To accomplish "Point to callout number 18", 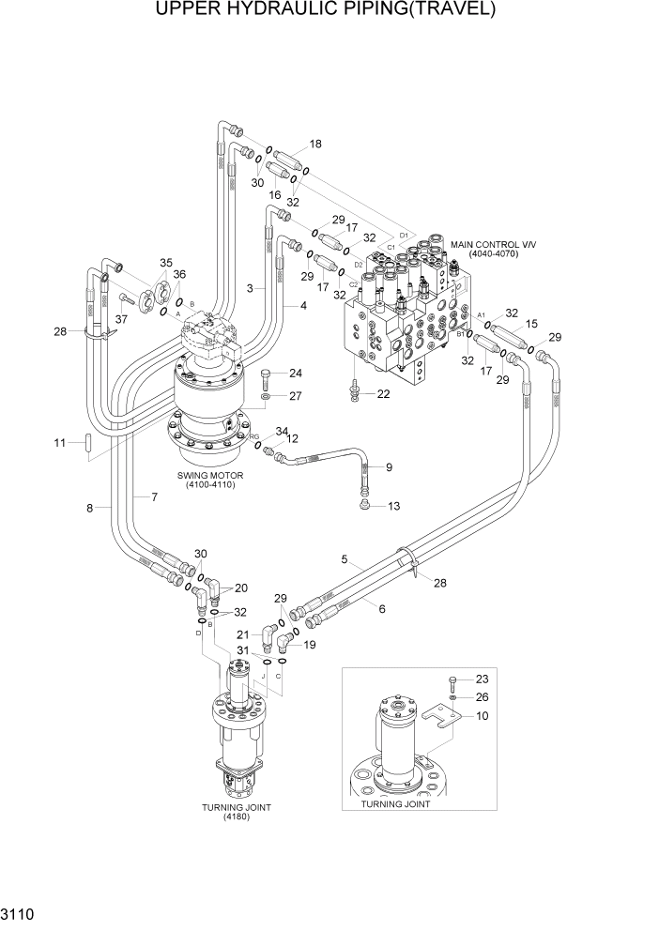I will point(314,144).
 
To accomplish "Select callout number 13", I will point(392,507).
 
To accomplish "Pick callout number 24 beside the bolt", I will point(295,373).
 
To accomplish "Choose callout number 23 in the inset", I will point(483,679).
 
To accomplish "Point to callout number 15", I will point(530,324).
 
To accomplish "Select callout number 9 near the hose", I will point(389,466).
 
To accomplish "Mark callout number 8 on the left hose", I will point(90,508).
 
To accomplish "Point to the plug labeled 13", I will point(365,507).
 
